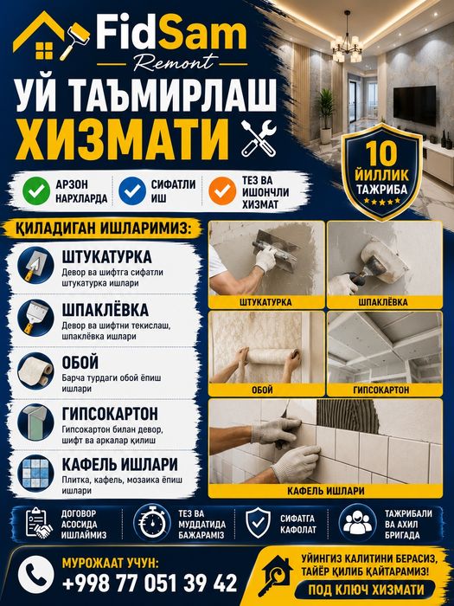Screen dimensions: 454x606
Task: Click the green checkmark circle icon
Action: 36,191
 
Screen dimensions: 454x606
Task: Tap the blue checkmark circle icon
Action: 132,191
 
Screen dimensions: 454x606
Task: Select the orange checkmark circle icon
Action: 222,191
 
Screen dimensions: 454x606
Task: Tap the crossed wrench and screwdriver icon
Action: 259,138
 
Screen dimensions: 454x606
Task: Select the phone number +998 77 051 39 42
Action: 150,583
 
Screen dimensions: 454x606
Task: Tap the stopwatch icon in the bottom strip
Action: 152,523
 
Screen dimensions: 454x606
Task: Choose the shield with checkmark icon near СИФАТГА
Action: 259,523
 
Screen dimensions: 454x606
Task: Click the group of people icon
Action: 358,523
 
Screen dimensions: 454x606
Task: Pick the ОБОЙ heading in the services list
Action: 80,362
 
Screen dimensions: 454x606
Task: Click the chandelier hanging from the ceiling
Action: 347,42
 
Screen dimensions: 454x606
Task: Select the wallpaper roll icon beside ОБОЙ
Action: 35,371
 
